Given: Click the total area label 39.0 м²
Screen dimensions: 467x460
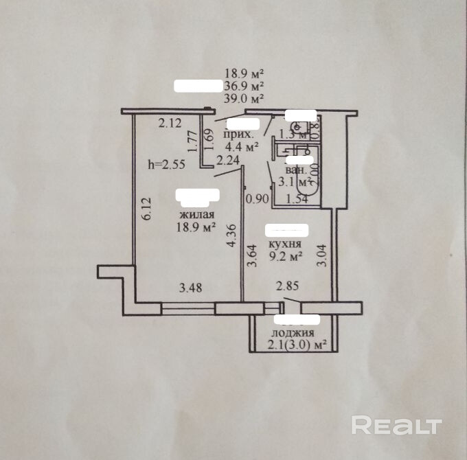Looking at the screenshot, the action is (x=244, y=98).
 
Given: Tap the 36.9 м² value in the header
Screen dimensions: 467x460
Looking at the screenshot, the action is (x=244, y=86).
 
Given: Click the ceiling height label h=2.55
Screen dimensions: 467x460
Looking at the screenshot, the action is (x=167, y=164).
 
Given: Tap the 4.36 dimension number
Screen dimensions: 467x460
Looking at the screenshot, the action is (x=233, y=237).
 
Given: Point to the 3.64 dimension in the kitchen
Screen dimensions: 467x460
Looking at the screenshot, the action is (x=253, y=257).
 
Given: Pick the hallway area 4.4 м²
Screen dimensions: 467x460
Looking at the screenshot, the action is (x=242, y=146).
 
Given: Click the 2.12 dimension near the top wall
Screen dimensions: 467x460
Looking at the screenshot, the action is (x=169, y=124).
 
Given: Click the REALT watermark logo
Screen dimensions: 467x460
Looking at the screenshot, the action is (x=396, y=425).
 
